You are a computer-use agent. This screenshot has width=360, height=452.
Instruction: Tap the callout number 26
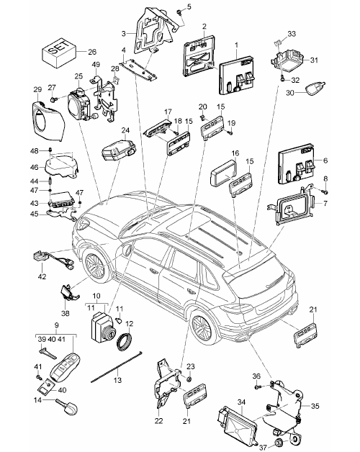pos(92,52)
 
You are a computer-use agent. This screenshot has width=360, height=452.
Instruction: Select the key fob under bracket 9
pos(66,365)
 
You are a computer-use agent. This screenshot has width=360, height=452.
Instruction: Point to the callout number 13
pos(117,380)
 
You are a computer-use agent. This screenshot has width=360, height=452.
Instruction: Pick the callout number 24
pos(125,130)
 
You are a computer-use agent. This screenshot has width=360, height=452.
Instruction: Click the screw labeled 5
pos(179,12)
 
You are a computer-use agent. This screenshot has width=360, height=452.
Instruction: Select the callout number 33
pos(292,34)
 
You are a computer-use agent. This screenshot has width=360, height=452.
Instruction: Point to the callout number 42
pos(42,276)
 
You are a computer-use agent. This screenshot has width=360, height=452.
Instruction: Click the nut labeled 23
pos(189,379)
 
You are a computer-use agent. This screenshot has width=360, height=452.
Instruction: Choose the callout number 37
pos(263,447)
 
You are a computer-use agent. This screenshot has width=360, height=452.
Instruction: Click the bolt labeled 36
pos(258,387)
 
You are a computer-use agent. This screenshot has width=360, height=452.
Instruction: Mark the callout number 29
pos(37,90)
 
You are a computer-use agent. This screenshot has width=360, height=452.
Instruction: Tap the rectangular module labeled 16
pos(224,173)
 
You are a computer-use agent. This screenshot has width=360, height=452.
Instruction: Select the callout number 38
pos(66,313)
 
